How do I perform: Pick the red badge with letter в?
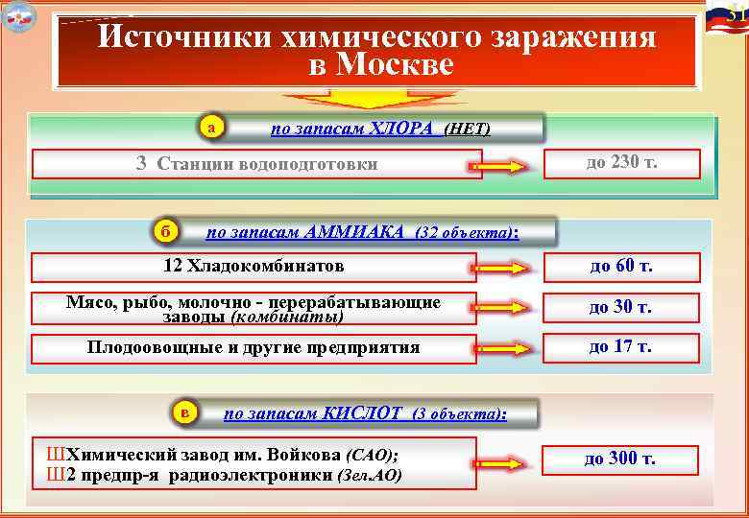point(184,412)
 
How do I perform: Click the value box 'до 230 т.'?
point(621,163)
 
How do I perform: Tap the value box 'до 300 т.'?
point(620,459)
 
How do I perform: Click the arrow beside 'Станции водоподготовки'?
point(500,167)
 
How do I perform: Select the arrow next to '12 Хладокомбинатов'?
point(500,269)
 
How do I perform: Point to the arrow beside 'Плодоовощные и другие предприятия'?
point(500,349)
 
